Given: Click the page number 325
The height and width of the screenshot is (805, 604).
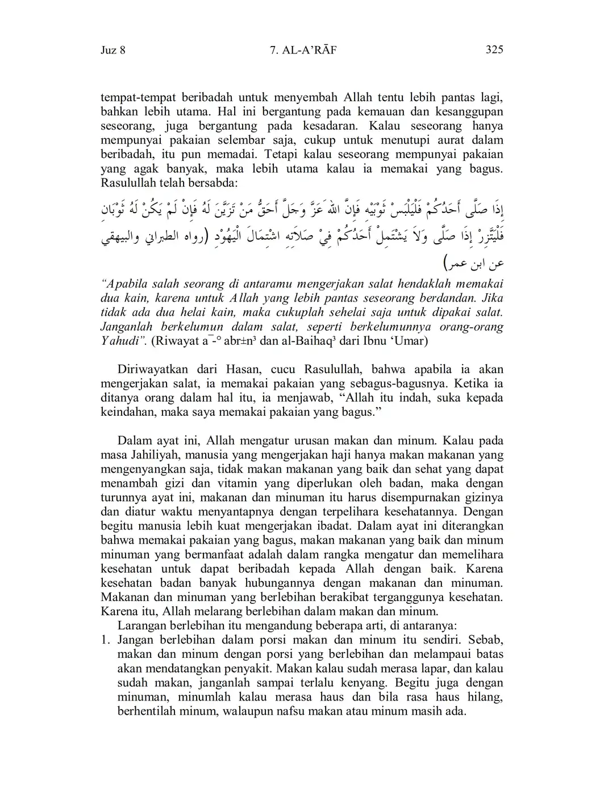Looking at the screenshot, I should point(494,50).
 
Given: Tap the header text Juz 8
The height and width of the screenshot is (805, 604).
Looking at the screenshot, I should point(113,50).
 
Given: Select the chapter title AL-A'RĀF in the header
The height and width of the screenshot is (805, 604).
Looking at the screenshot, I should point(310,50).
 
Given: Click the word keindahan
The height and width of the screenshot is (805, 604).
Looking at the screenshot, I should point(127,412).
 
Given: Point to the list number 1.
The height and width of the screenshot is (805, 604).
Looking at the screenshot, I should point(104,640).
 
